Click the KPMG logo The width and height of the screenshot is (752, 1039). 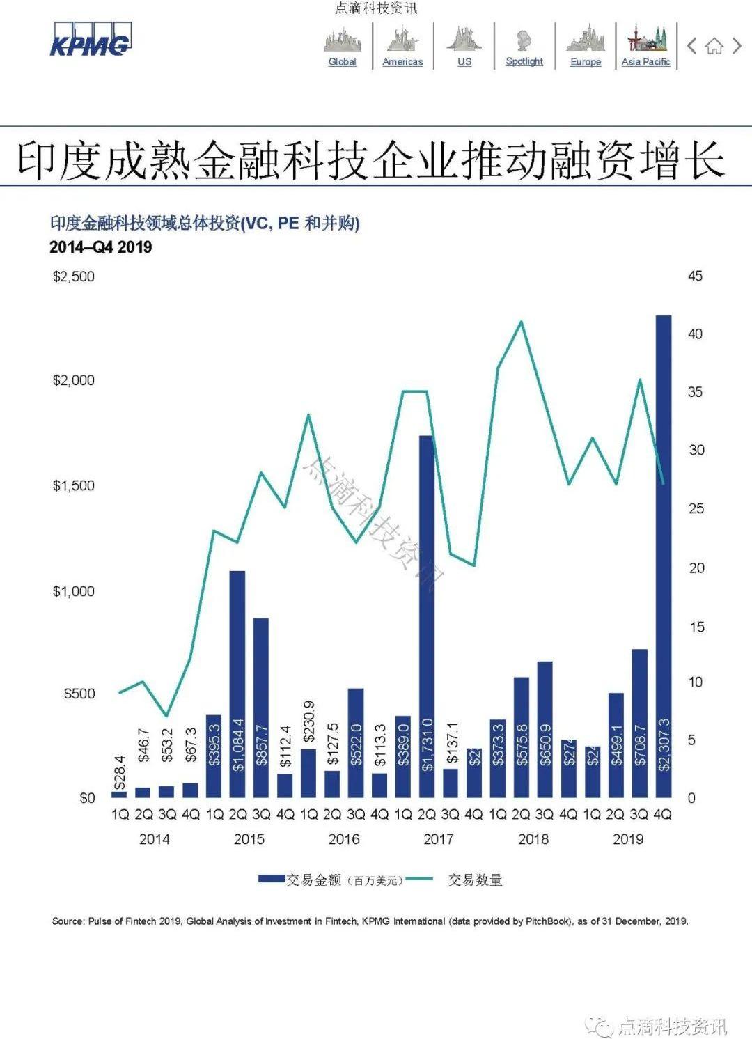point(90,40)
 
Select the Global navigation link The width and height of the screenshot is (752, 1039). point(342,61)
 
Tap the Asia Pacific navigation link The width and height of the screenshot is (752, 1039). point(645,61)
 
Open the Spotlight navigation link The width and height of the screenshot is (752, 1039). point(524,61)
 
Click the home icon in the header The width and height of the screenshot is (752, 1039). point(714,47)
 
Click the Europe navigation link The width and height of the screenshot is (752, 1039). point(586,61)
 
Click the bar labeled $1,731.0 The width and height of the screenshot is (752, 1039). point(427,616)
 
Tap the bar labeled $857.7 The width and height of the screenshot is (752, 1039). point(261,707)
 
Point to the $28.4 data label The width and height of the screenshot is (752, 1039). point(120,772)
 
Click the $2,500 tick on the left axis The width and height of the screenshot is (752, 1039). point(74,276)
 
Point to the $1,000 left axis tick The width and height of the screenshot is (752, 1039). point(74,591)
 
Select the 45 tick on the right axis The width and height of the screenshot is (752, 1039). point(695,276)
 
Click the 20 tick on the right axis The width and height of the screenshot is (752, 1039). point(696,568)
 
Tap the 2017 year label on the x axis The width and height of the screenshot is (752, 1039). point(439,839)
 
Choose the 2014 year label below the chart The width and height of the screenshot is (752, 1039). point(155,839)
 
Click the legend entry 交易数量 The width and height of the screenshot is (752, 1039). point(474,880)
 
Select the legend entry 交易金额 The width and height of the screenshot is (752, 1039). point(314,880)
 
